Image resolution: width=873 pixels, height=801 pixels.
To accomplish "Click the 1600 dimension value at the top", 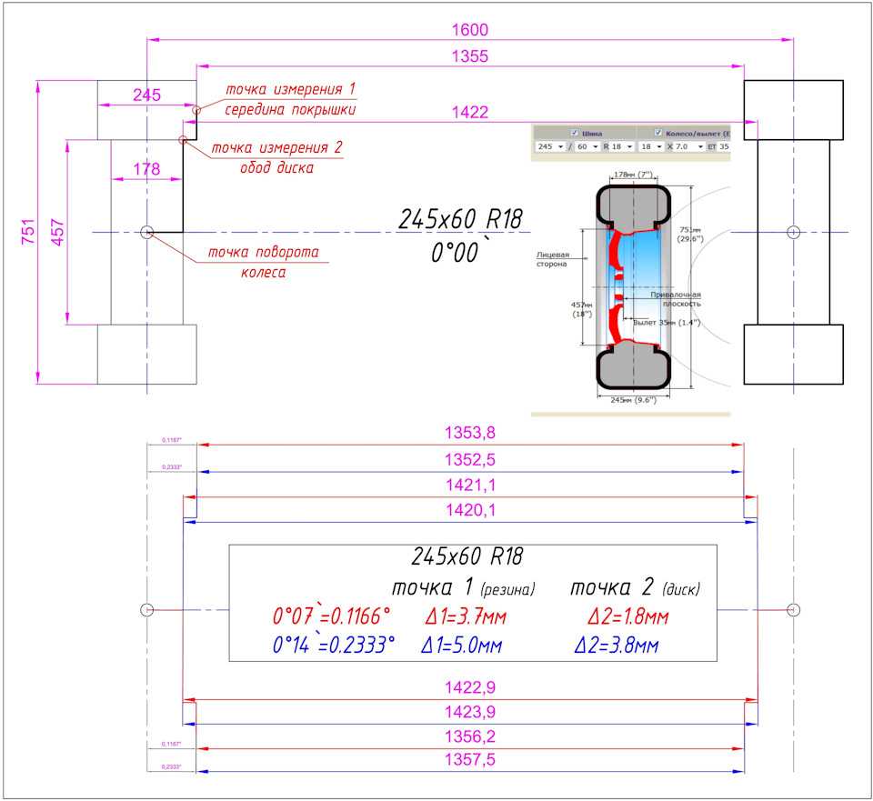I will [x=470, y=30].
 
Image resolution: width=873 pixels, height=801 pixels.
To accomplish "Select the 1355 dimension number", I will [x=470, y=56].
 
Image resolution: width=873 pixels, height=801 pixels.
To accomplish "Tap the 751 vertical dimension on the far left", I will [x=27, y=232].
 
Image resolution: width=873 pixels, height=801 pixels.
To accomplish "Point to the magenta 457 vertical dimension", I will [x=57, y=232].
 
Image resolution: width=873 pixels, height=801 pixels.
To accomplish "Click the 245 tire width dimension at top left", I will [x=145, y=95].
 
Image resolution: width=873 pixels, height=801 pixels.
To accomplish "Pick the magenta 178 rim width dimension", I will [x=145, y=168].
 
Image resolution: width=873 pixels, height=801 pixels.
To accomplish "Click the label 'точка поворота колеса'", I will [x=263, y=262].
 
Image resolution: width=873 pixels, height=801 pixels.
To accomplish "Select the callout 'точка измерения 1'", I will [x=290, y=89].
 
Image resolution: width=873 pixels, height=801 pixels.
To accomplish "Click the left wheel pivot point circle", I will [x=146, y=233].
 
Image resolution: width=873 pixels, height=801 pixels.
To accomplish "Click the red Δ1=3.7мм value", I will [x=466, y=617].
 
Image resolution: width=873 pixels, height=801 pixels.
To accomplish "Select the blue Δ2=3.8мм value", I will [x=617, y=646].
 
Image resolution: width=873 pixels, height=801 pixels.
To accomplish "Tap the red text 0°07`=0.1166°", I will [x=332, y=617].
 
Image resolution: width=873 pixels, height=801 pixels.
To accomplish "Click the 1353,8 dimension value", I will [x=470, y=433].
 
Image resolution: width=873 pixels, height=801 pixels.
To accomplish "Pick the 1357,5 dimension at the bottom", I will [x=470, y=760].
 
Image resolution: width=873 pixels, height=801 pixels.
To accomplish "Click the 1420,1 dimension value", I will [x=470, y=511].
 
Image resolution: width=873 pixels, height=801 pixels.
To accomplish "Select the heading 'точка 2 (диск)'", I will [x=635, y=588].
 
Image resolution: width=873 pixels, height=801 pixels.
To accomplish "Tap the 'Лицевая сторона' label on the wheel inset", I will [x=551, y=259].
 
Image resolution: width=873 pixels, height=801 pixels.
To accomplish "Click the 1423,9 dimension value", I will [x=470, y=711].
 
